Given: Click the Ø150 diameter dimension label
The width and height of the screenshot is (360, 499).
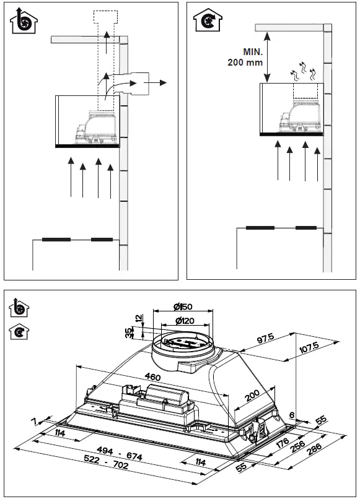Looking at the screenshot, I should click(183, 307).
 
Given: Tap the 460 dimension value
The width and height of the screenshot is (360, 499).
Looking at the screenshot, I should click(151, 378).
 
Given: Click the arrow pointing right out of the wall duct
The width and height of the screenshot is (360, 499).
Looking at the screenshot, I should click(161, 82).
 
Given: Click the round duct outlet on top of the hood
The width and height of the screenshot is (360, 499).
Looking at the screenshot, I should click(183, 344).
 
